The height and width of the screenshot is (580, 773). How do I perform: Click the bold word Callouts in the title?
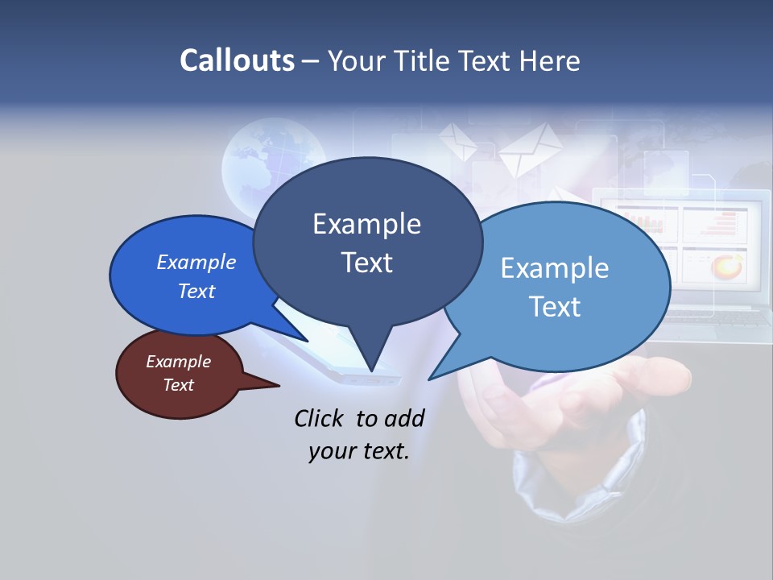click(x=237, y=60)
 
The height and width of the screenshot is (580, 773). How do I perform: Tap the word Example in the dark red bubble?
click(x=178, y=362)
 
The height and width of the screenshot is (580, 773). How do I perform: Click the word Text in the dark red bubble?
click(x=178, y=385)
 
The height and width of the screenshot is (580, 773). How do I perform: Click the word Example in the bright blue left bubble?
click(x=196, y=262)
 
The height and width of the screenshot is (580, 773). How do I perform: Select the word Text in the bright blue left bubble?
click(x=196, y=291)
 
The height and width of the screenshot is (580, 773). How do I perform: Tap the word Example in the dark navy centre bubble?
click(x=366, y=224)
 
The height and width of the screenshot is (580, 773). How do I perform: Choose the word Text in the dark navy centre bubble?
click(x=366, y=263)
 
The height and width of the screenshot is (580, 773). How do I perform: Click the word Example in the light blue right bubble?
click(x=554, y=268)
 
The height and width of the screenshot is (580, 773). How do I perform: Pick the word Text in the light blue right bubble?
click(x=554, y=307)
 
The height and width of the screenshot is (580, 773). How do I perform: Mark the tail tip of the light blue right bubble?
click(x=430, y=379)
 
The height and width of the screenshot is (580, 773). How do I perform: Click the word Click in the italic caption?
click(x=320, y=418)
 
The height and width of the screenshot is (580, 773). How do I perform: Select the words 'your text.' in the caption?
click(x=359, y=451)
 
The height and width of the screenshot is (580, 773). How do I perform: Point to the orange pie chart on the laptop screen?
click(x=729, y=265)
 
